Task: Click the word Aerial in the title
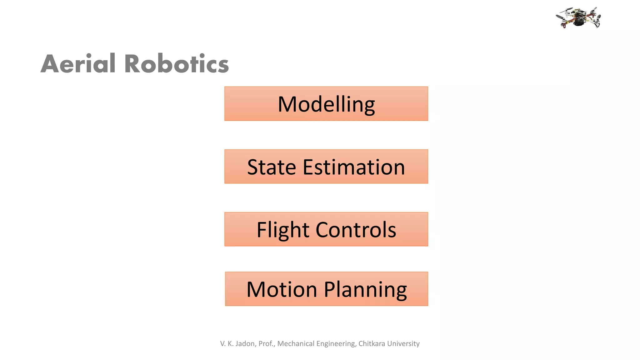[78, 64]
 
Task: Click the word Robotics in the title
[177, 64]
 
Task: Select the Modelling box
[326, 104]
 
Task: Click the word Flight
[283, 230]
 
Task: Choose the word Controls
[356, 230]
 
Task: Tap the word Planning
[365, 290]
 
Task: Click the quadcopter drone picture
[578, 18]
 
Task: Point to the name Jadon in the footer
[245, 344]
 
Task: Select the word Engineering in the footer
[336, 344]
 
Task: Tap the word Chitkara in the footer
[372, 344]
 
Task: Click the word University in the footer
[403, 344]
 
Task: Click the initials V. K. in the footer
[227, 344]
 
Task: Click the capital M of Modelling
[287, 104]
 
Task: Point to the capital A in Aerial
[50, 64]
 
